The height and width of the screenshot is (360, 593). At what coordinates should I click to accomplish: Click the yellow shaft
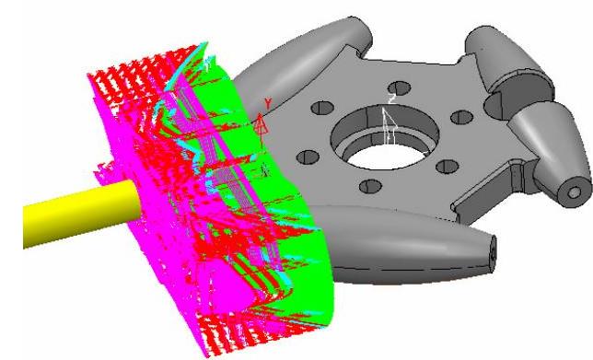point(79,214)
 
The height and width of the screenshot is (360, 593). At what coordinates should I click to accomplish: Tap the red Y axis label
point(268,103)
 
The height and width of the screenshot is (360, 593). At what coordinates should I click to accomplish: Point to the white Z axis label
point(392,99)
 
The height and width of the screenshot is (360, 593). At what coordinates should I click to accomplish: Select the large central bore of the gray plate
point(386,138)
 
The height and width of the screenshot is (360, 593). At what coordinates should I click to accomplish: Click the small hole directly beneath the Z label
point(399,87)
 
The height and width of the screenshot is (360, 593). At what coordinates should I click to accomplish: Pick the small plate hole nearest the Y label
point(322,108)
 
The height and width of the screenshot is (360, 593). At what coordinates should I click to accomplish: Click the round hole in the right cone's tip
point(574,192)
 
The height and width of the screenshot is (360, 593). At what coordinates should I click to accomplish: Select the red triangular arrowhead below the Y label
point(262,124)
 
